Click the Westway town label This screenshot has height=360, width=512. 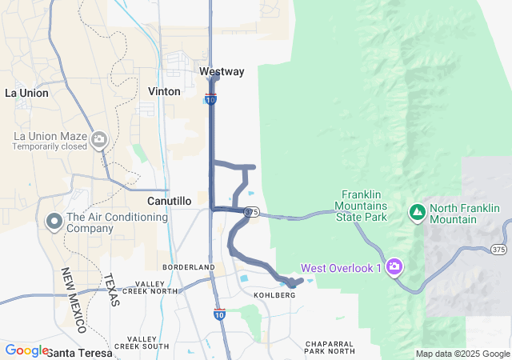(x=222, y=72)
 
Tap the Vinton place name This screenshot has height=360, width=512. (x=164, y=91)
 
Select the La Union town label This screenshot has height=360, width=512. (x=26, y=93)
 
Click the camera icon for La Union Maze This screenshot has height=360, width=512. (x=99, y=140)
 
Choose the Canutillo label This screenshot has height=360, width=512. (x=169, y=201)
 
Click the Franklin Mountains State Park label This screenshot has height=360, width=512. (x=364, y=206)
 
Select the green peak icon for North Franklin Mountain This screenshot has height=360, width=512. (x=417, y=212)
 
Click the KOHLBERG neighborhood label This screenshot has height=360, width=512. (x=274, y=295)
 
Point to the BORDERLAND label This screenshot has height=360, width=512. (x=189, y=266)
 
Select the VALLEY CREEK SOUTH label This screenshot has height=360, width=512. (x=142, y=342)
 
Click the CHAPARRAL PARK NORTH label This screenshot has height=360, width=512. (x=330, y=347)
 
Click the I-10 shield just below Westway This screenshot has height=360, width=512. (x=210, y=99)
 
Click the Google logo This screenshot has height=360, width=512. (x=26, y=350)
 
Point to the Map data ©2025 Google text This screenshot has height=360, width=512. (x=462, y=354)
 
